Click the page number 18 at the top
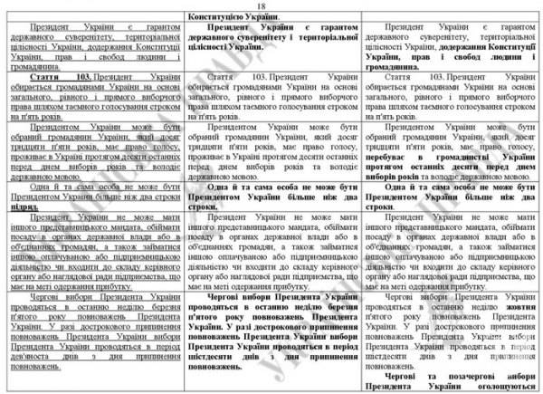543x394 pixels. tap(271, 6)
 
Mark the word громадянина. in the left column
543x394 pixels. tap(35, 65)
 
